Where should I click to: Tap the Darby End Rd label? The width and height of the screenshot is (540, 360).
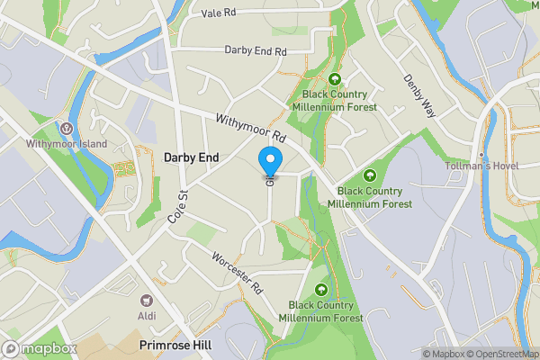pos(255,51)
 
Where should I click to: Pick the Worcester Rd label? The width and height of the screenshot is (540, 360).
pos(237,273)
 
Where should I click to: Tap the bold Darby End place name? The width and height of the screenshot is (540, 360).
pos(191,157)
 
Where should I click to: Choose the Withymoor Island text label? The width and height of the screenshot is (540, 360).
pos(67,144)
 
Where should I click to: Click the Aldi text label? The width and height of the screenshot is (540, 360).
pos(146,315)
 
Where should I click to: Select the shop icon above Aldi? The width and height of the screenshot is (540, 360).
pos(146,300)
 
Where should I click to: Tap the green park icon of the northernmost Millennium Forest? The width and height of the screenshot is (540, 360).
pos(334,78)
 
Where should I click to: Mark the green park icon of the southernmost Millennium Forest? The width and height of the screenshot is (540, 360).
pos(321,290)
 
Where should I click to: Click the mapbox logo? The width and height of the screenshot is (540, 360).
pos(38,347)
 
